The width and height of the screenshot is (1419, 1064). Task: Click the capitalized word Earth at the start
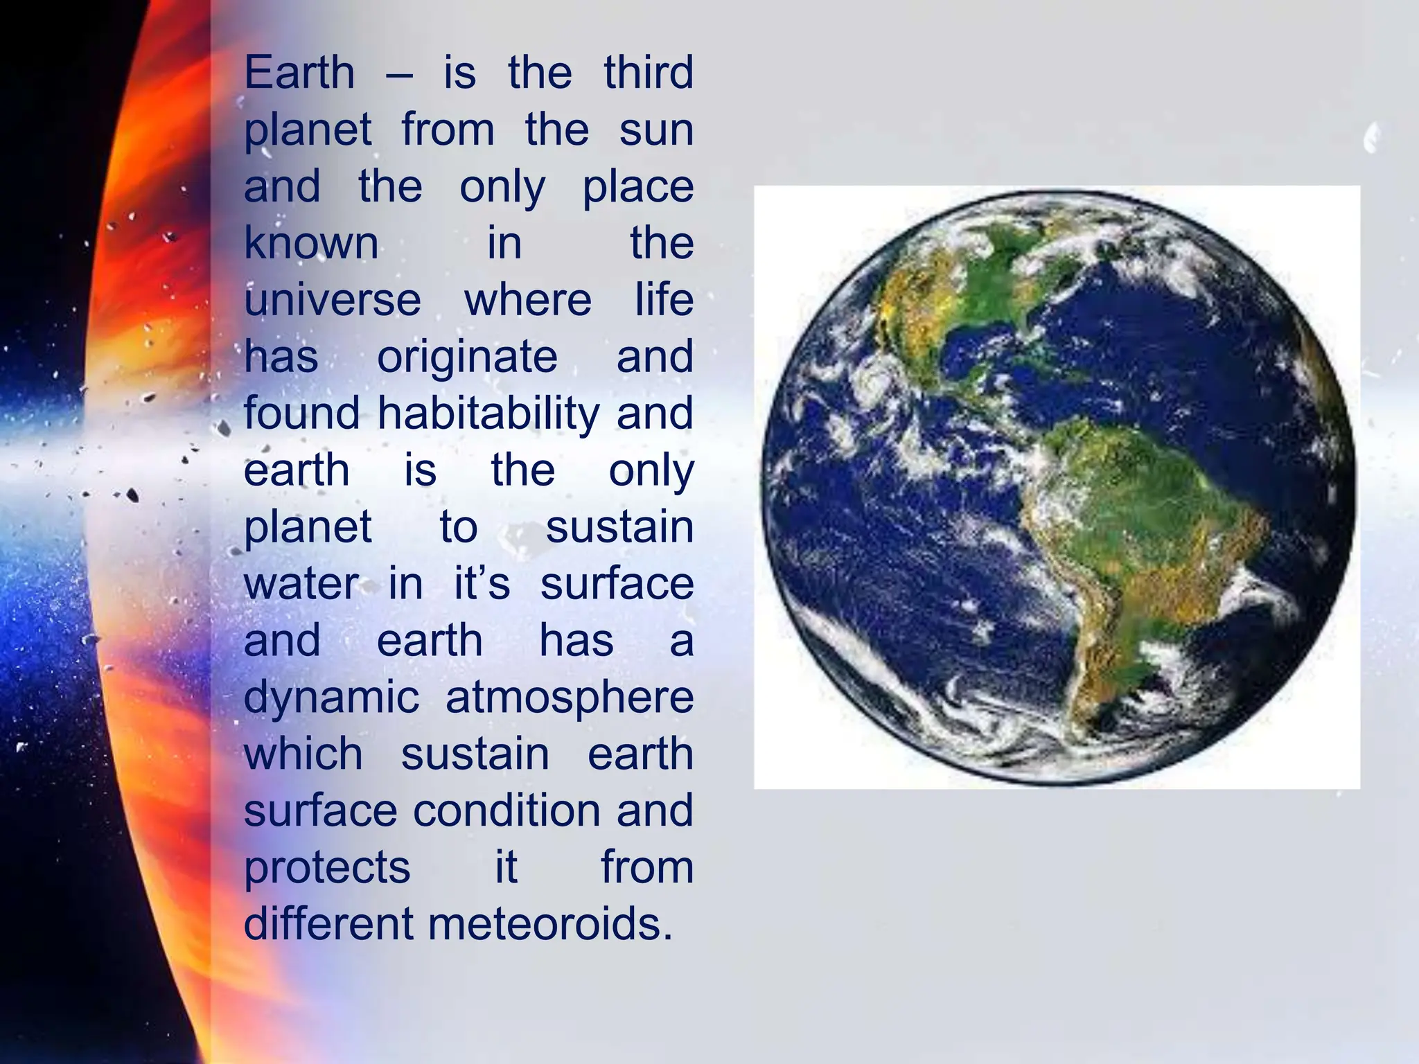pyautogui.click(x=299, y=73)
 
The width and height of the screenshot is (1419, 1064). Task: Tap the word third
pyautogui.click(x=648, y=73)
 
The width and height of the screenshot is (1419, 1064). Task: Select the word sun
pyautogui.click(x=655, y=130)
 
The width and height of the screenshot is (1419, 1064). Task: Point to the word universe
pyautogui.click(x=333, y=301)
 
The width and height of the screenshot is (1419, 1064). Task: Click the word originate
pyautogui.click(x=467, y=357)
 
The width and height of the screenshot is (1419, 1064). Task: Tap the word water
pyautogui.click(x=301, y=584)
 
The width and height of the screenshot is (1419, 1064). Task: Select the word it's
pyautogui.click(x=482, y=584)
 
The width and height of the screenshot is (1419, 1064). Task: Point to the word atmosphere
pyautogui.click(x=570, y=698)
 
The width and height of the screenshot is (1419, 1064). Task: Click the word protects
pyautogui.click(x=327, y=867)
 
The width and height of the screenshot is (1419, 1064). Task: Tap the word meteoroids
pyautogui.click(x=551, y=924)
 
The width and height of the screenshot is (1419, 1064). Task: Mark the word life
pyautogui.click(x=664, y=301)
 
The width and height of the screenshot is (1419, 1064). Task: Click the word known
pyautogui.click(x=311, y=244)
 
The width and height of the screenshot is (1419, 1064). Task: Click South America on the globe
pyautogui.click(x=1136, y=526)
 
